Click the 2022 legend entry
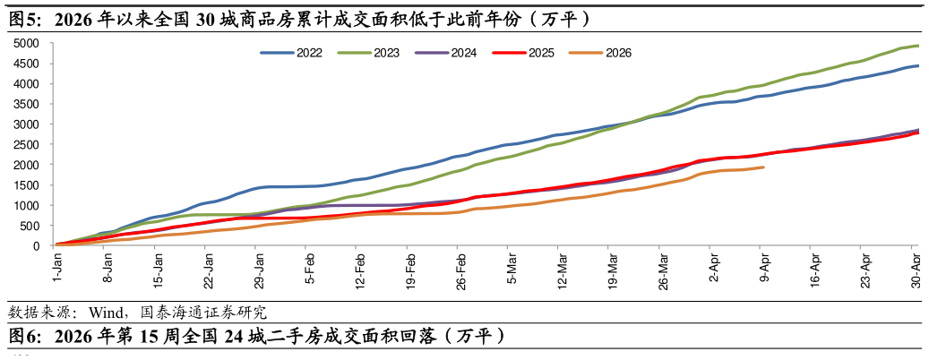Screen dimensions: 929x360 click(x=291, y=53)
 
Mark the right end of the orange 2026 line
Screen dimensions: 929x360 click(x=763, y=167)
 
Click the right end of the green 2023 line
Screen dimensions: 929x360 click(x=918, y=46)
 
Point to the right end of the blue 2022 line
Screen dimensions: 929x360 click(x=918, y=65)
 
